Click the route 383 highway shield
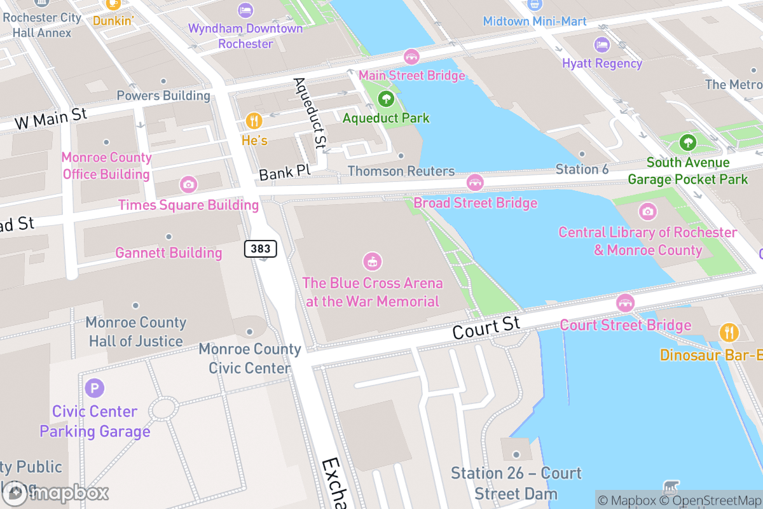coord(261,249)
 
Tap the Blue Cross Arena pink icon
coord(372,261)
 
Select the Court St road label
coord(486,328)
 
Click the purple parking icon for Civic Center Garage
coord(95,387)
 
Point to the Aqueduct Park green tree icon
coord(385,99)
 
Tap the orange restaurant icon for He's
coord(254,120)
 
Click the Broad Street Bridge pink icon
coord(475,183)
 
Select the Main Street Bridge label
coord(411,76)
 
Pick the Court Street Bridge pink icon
coord(625,303)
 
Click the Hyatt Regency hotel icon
coord(601,45)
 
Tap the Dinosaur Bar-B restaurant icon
coord(729,333)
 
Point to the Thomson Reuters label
coord(401,171)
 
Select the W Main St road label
coord(50,119)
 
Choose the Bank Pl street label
coord(284,172)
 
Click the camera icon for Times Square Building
coord(188,185)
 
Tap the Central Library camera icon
coord(647,211)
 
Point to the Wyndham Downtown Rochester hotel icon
coord(245,10)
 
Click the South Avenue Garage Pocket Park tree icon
coord(687,143)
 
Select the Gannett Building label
coord(168,253)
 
